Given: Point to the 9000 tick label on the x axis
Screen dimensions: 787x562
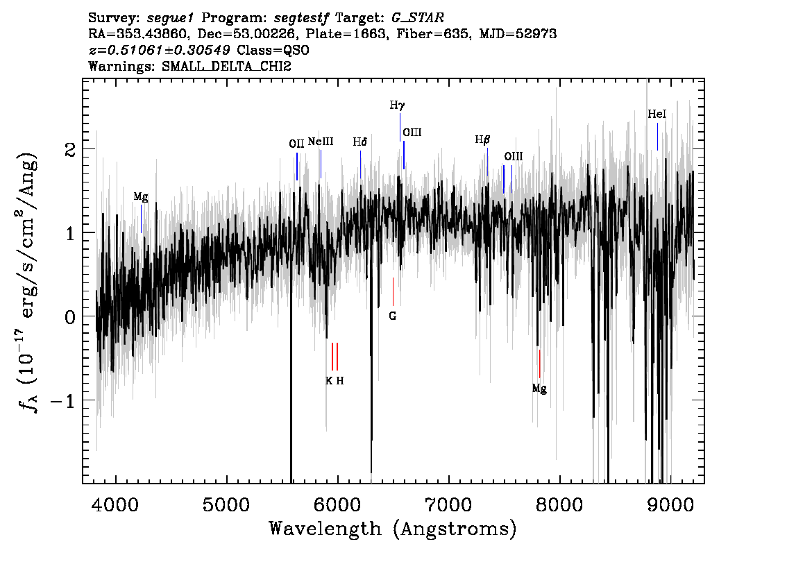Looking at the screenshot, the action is [669, 505].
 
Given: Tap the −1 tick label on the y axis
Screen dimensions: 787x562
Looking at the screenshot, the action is [63, 400].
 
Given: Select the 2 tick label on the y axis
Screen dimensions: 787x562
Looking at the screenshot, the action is [70, 150].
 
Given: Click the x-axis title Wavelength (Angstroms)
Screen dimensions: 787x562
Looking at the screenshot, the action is [393, 529].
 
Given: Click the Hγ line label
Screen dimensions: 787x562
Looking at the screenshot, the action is [397, 105].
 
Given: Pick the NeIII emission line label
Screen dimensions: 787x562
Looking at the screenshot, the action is [320, 142].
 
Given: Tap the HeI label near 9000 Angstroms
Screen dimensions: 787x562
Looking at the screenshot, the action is [657, 114].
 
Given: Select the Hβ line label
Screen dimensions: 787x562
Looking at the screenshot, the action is [482, 140].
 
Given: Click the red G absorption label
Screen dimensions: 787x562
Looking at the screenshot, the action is [393, 316].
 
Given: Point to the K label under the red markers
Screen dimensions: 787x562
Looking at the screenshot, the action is [329, 381].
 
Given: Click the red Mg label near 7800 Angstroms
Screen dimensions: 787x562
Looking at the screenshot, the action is [539, 389].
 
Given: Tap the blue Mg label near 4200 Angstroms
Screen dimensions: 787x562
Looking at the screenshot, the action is [141, 197].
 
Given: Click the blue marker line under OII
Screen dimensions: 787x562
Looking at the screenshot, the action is [297, 166].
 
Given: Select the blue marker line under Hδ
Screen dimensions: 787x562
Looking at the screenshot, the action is [360, 164].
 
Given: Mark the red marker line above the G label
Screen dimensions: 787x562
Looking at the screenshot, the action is [393, 291].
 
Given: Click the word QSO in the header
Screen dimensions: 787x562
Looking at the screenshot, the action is [296, 50].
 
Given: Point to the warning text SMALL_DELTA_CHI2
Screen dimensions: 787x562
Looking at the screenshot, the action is [226, 67].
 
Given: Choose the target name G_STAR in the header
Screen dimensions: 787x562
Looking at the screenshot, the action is [418, 18].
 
